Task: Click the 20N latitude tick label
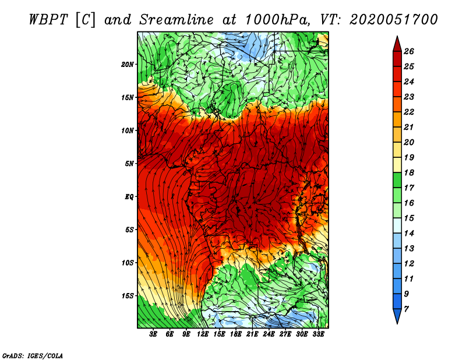click(128, 65)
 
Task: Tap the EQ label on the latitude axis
click(129, 196)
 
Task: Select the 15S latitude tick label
click(128, 296)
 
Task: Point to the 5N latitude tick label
click(129, 164)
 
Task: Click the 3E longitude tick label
click(153, 334)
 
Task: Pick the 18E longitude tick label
click(236, 334)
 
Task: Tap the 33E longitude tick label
click(318, 334)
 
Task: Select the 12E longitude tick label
click(203, 334)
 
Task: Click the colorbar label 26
click(409, 51)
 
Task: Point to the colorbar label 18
click(409, 172)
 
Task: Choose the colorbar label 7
click(406, 309)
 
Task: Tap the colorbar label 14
click(409, 234)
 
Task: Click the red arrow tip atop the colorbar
click(397, 36)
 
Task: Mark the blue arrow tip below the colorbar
click(397, 323)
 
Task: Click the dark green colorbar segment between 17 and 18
click(397, 180)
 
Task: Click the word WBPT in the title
click(49, 20)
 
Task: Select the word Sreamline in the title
click(176, 20)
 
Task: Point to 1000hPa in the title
click(276, 20)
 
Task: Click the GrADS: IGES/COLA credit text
click(33, 355)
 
